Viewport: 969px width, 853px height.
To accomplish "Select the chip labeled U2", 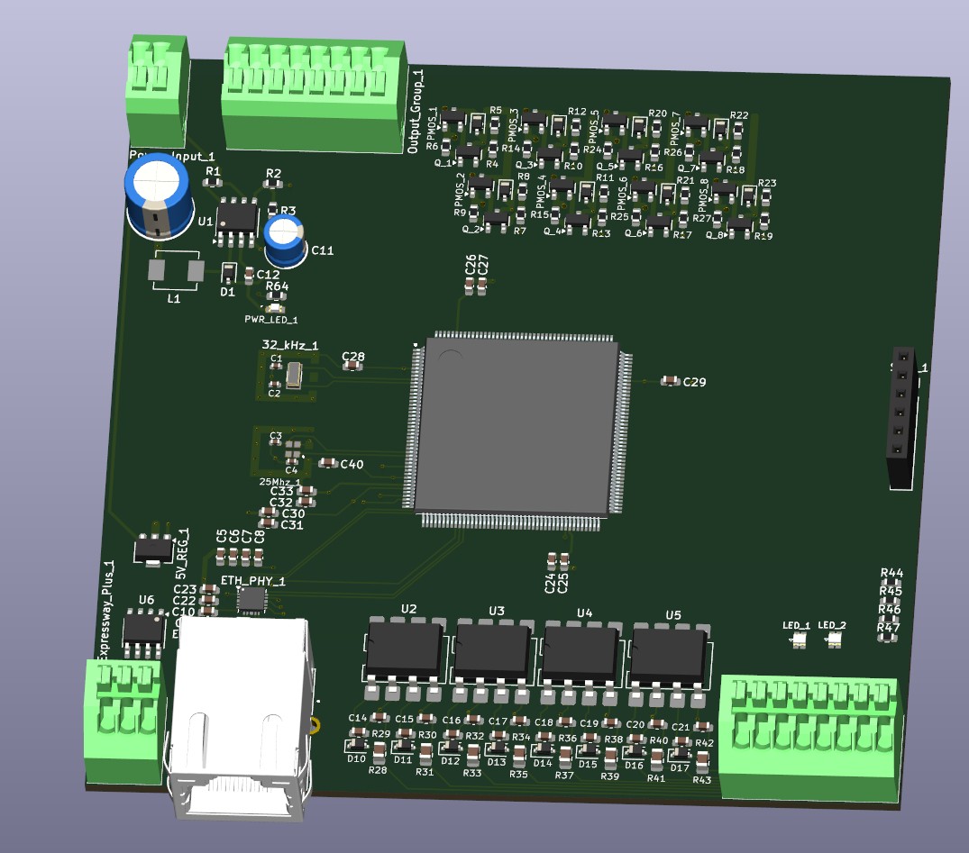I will tap(404, 651).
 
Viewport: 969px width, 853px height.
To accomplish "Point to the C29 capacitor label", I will tap(694, 383).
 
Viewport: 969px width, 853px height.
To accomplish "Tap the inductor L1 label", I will tap(174, 298).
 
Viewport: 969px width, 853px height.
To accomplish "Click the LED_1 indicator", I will tap(797, 640).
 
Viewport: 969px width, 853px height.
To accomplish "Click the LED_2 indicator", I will tap(833, 640).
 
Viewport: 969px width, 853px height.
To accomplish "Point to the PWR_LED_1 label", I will tap(270, 320).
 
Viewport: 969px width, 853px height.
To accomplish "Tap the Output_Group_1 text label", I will tap(416, 111).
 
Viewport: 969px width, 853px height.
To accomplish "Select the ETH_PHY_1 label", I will tap(252, 581).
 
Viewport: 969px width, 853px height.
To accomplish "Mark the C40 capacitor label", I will tap(352, 465).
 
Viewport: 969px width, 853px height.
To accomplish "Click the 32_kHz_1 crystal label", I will tap(289, 346).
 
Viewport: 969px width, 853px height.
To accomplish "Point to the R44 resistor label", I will tap(891, 573).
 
